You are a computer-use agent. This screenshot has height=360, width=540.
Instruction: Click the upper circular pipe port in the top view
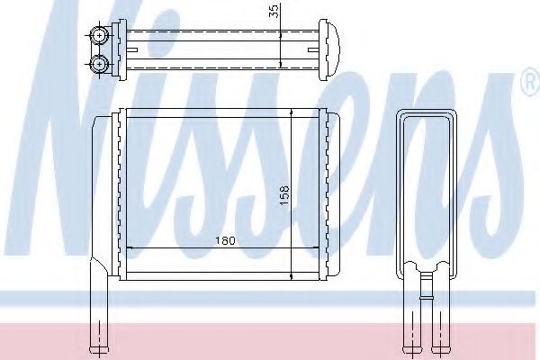[98, 37]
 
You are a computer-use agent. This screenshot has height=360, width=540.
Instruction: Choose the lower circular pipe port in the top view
[98, 63]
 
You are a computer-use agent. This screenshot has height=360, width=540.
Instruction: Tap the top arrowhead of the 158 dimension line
[294, 112]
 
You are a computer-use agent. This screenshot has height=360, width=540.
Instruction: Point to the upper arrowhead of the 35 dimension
[283, 32]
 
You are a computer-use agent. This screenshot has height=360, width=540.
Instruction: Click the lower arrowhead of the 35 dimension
[283, 67]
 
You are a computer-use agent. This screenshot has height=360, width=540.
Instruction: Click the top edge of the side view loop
[427, 111]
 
